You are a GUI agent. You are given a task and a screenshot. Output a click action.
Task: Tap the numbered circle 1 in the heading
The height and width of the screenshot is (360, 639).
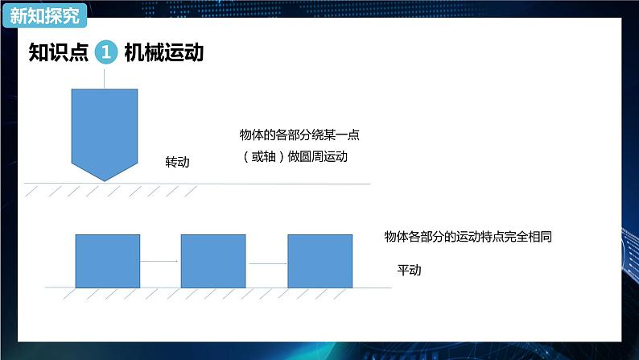107,53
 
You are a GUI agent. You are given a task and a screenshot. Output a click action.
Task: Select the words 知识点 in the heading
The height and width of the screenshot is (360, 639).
56,53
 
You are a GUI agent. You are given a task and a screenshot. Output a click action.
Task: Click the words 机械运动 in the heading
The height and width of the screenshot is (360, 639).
163,53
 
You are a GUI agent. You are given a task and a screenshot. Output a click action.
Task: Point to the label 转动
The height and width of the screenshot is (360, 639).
177,162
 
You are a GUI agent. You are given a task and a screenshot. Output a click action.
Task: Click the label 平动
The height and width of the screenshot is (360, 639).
409,270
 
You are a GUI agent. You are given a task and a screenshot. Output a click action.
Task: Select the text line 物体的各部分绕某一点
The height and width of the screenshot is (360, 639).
299,135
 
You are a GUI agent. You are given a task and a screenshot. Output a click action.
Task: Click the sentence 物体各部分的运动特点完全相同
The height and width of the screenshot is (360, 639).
467,238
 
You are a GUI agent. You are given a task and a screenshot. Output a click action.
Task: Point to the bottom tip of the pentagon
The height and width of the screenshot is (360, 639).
104,180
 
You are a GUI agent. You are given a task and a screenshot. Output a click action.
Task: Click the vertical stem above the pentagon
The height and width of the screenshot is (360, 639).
104,77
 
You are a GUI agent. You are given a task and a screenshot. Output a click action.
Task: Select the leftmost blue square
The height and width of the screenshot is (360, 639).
107,261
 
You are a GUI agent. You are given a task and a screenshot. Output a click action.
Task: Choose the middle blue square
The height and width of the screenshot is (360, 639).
213,261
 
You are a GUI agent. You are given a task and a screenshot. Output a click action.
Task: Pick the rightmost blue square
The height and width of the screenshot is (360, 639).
319,261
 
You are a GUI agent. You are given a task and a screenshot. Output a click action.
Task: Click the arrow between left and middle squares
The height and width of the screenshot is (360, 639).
160,261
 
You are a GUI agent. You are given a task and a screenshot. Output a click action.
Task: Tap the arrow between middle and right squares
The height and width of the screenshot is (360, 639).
267,263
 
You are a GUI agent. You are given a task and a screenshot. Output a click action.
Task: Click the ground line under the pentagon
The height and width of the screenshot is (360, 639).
241,184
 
